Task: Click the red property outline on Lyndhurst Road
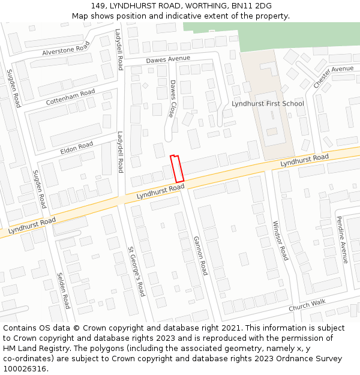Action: point(176,169)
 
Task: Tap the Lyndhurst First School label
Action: point(268,104)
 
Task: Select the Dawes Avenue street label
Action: point(168,59)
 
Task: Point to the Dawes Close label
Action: point(172,98)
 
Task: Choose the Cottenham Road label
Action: point(70,97)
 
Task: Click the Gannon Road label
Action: point(200,255)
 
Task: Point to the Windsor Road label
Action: point(280,241)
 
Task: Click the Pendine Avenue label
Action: point(341,239)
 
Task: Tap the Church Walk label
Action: point(307,305)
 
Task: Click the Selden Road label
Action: point(64,290)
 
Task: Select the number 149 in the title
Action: point(98,6)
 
